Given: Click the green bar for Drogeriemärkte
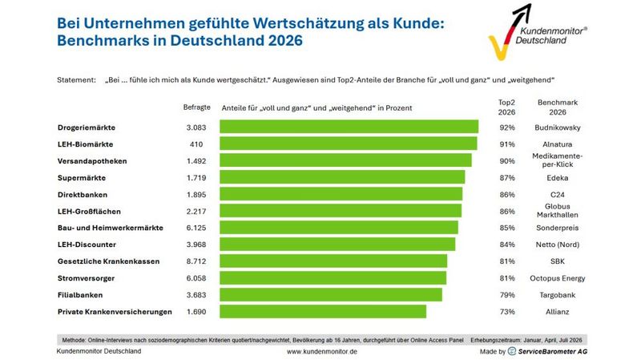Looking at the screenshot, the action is tap(349, 127).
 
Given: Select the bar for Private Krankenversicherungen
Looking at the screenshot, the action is tap(323, 311).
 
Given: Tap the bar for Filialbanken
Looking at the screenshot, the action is tap(331, 294).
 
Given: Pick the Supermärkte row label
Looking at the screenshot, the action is tap(82, 178).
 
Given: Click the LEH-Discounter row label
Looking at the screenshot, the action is tap(87, 245).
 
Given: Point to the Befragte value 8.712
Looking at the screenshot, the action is tap(196, 261).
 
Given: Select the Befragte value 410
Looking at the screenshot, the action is tap(196, 144).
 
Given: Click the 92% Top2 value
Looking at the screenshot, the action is tap(507, 127).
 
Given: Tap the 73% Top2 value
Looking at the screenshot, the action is tap(507, 312).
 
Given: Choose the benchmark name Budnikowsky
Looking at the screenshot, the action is tap(557, 127).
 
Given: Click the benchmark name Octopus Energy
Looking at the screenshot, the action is tap(557, 278).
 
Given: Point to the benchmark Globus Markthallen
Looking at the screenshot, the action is tap(557, 211).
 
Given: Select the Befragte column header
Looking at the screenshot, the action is tap(196, 107).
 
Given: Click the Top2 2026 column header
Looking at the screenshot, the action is tap(506, 107).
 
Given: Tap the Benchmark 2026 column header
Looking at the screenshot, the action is tap(557, 107).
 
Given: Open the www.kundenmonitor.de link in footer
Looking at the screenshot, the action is tap(322, 351).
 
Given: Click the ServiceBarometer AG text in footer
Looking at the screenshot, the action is tap(553, 351).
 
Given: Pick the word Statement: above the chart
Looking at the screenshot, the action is tap(76, 79).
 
